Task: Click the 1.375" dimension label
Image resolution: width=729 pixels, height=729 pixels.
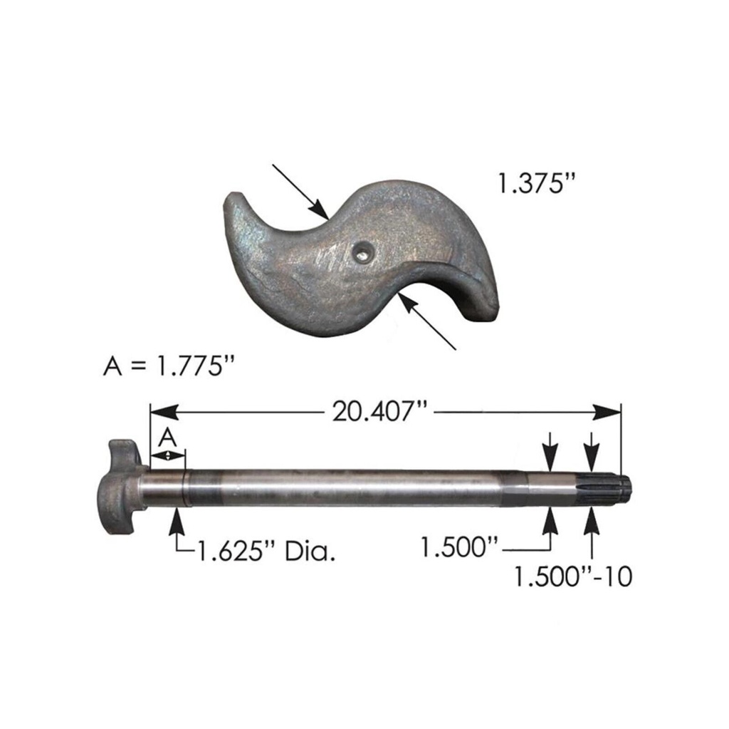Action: [x=535, y=184]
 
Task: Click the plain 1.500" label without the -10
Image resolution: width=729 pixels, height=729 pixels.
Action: [x=458, y=547]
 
